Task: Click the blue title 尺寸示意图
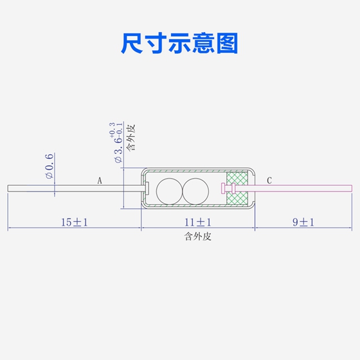179,43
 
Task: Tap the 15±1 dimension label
75,222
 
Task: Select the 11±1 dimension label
198,222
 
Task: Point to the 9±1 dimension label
303,222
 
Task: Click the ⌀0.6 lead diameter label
50,166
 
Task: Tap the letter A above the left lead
100,181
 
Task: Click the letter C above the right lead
269,181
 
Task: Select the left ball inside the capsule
170,192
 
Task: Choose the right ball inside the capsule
195,192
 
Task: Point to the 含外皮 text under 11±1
198,237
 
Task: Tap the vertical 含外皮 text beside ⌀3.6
131,138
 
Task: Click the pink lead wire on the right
294,188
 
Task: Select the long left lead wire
76,188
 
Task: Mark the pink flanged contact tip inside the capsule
228,188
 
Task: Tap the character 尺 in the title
132,44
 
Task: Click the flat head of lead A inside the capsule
147,188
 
